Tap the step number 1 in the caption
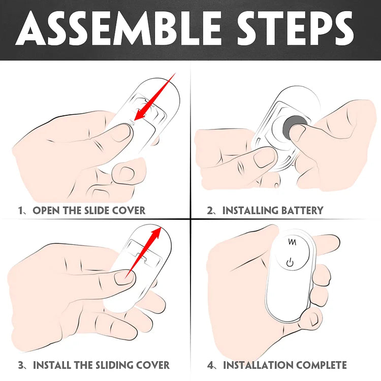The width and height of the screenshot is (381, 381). coord(21,210)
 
